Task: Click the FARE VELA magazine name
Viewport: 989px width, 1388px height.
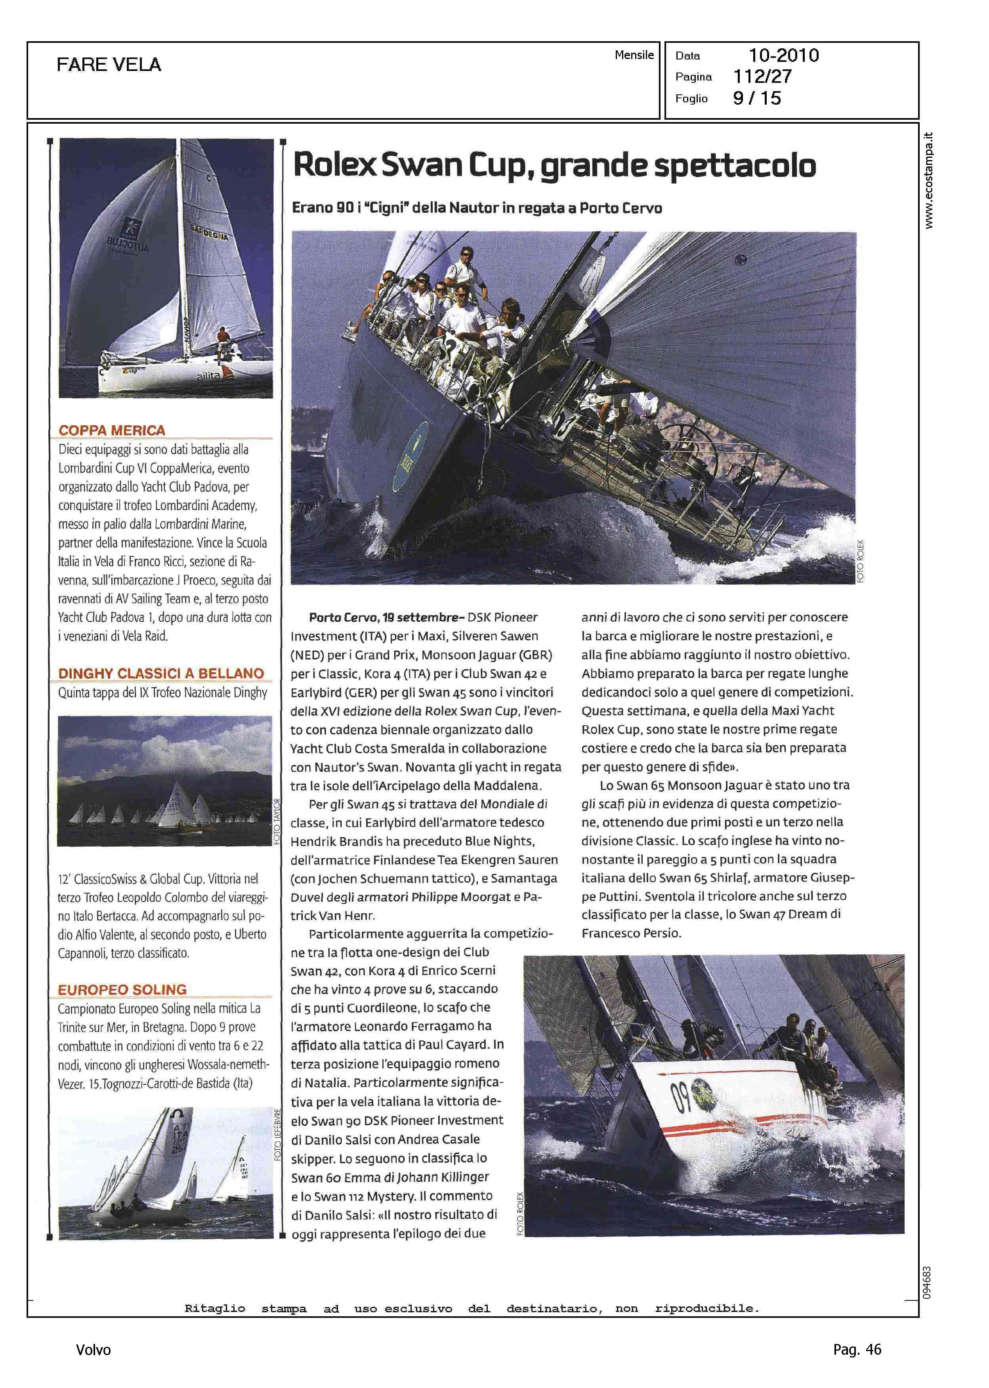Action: click(109, 65)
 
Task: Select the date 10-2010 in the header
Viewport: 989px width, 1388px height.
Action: click(783, 55)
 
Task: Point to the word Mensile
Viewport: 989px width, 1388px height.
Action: click(634, 55)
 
